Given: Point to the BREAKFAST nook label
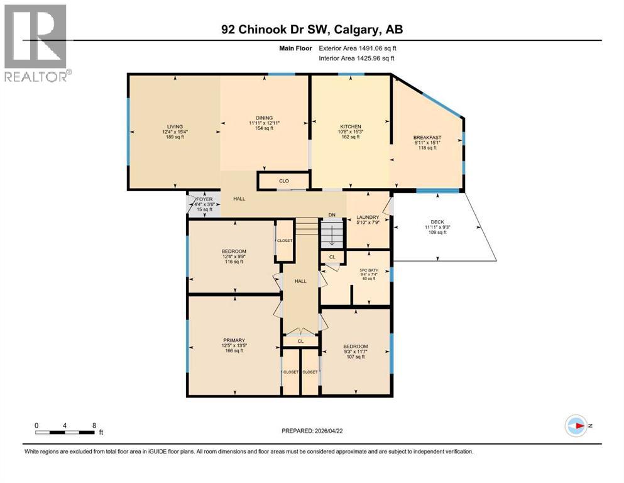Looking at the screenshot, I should tap(427, 137).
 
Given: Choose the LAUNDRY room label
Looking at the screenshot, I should tap(368, 218).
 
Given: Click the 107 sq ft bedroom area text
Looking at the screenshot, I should tap(355, 357).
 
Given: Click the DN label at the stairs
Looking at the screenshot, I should tap(332, 216).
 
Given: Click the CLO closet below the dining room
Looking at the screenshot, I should tap(283, 181).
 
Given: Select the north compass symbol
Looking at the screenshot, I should tap(577, 425).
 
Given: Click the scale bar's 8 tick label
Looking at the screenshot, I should tap(94, 425).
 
